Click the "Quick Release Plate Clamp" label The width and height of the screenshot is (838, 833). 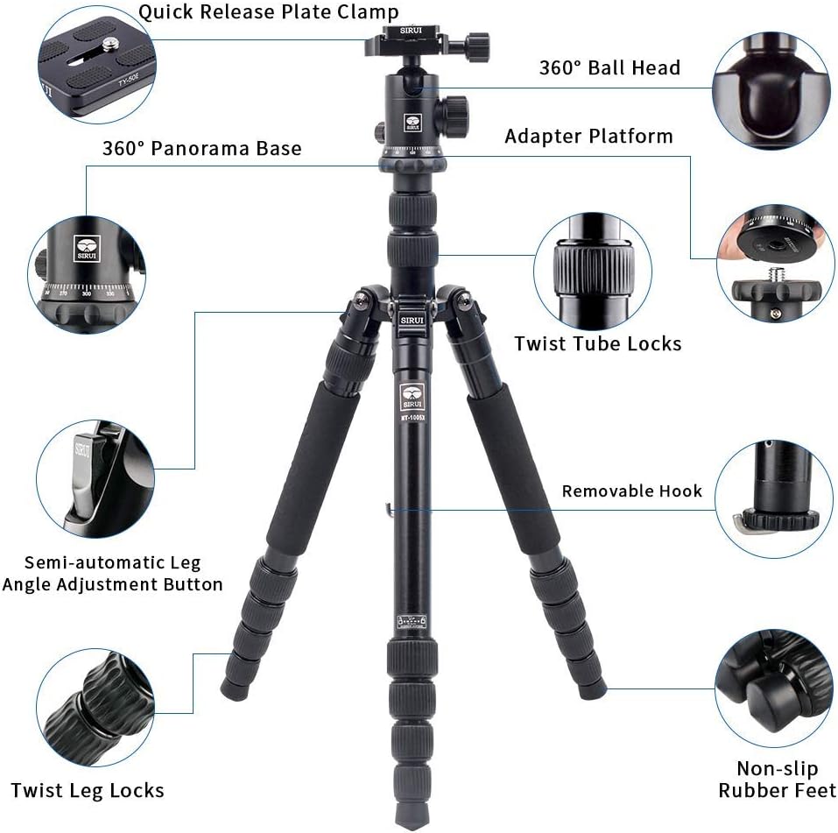point(268,12)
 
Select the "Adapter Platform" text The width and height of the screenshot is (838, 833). point(588,136)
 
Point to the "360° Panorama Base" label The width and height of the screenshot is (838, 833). point(201,148)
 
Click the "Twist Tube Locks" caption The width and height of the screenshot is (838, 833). point(597,343)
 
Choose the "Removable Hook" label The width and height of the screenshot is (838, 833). point(631,491)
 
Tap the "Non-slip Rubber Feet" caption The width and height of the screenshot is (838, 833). point(777,780)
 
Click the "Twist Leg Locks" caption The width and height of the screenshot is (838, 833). point(87,791)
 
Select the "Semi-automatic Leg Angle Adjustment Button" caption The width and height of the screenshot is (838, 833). point(112,573)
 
